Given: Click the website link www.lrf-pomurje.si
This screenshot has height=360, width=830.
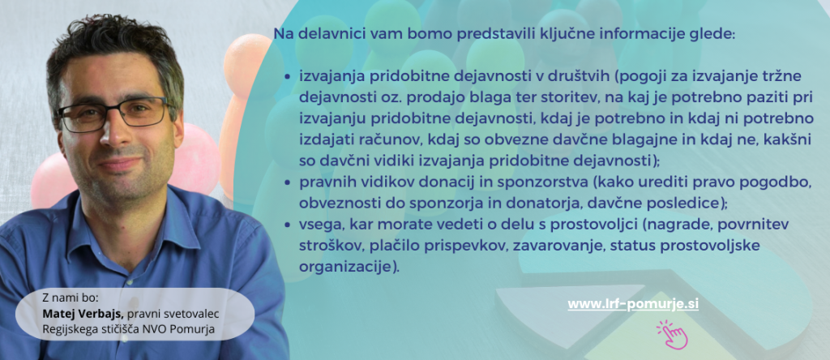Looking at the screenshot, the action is tap(633, 304).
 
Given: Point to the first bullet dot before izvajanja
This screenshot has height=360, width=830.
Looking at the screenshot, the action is tap(288, 77).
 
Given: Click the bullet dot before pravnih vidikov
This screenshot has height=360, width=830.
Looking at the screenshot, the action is tap(288, 182).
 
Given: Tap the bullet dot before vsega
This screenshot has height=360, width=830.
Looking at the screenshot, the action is tap(288, 225).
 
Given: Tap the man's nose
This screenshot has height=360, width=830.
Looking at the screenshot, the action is tap(113, 132).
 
